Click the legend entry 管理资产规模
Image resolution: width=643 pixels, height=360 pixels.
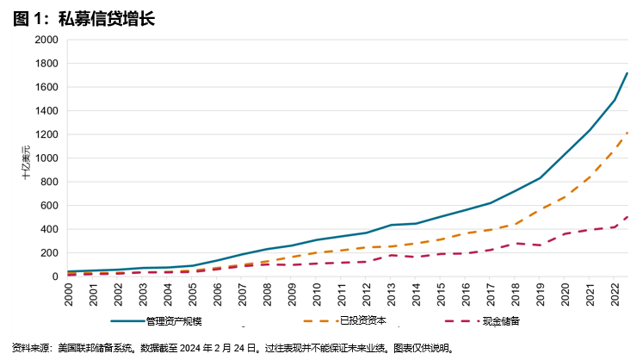click(172, 321)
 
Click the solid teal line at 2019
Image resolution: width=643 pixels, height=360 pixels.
click(541, 177)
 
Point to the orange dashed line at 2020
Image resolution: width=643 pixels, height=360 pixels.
click(566, 196)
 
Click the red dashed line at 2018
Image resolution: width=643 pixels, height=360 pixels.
click(516, 243)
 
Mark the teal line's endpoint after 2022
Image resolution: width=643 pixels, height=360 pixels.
click(628, 73)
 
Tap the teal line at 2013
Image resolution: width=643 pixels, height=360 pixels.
click(392, 225)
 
